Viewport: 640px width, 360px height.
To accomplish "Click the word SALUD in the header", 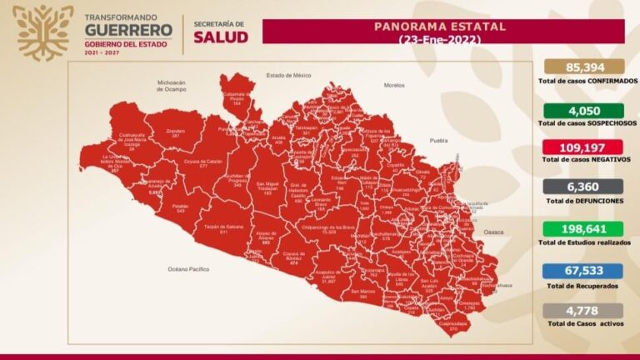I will click(221, 37).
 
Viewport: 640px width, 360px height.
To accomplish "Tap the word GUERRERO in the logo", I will click(128, 30).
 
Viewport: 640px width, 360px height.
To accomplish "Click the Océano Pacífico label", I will click(189, 269).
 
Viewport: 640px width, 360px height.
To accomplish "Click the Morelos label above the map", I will click(393, 85).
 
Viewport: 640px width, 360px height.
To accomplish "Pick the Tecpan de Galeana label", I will click(223, 228).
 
